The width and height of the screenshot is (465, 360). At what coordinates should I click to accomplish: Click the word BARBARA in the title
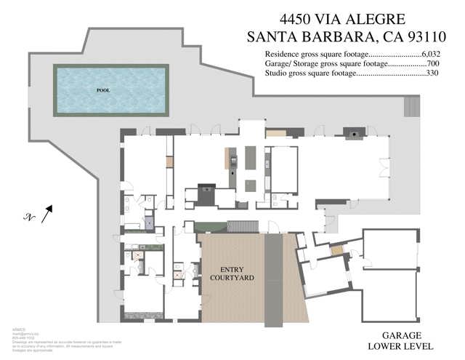pos(345,36)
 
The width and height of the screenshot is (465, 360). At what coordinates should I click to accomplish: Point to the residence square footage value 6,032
pos(434,54)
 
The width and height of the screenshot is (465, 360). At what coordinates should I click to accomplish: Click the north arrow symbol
pos(47,213)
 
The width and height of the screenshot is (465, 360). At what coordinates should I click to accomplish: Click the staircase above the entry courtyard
pos(243,226)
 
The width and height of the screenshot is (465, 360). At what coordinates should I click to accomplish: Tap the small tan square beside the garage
pos(336,250)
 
